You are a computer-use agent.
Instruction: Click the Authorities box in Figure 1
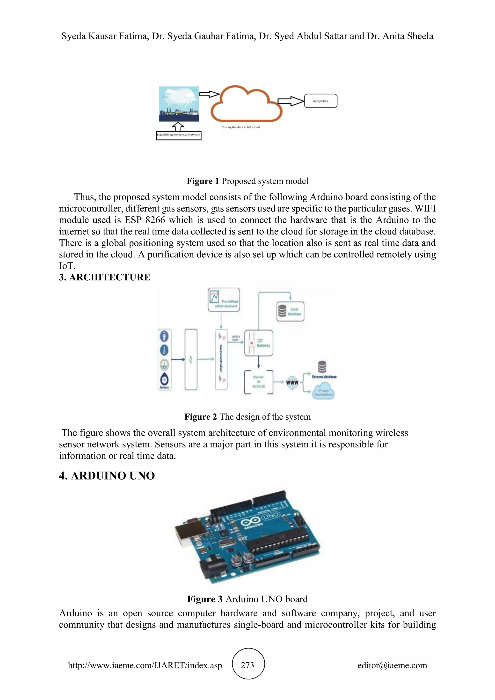[321, 101]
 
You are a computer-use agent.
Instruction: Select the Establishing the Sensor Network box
[179, 135]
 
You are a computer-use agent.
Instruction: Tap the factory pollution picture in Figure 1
[179, 104]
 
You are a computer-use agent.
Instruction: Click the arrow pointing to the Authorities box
[291, 101]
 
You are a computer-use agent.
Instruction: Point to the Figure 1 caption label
[203, 181]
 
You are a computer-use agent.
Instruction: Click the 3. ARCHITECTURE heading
[105, 277]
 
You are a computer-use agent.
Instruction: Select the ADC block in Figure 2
[191, 359]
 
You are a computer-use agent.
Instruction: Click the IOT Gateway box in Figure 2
[258, 343]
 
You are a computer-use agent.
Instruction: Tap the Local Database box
[290, 311]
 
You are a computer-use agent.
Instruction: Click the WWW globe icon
[292, 382]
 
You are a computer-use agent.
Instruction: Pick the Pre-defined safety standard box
[224, 299]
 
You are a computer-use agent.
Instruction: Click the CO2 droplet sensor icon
[164, 379]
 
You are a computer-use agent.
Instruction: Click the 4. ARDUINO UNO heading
[107, 476]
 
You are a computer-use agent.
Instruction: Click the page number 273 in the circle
[247, 665]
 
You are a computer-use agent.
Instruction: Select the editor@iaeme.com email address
[392, 665]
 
